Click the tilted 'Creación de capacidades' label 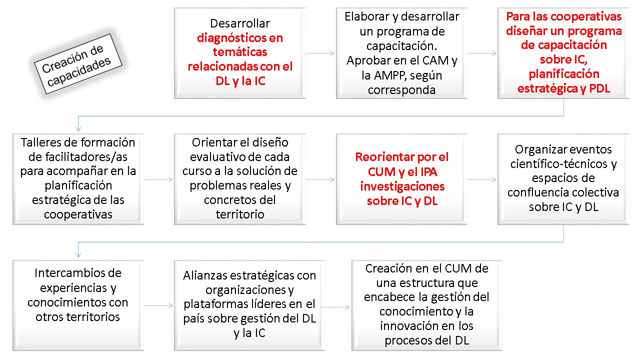click(78, 64)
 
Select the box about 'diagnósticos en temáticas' click(239, 53)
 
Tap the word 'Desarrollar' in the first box click(239, 23)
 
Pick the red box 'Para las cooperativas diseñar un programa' click(563, 53)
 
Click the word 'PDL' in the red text click(599, 88)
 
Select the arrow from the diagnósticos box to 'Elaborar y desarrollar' click(320, 53)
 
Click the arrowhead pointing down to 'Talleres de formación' click(78, 128)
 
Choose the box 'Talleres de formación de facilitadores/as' click(78, 179)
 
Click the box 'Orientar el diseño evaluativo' click(239, 179)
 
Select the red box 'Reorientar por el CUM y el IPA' click(401, 179)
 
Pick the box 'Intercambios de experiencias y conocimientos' click(78, 305)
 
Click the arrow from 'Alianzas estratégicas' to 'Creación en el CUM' click(335, 307)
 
